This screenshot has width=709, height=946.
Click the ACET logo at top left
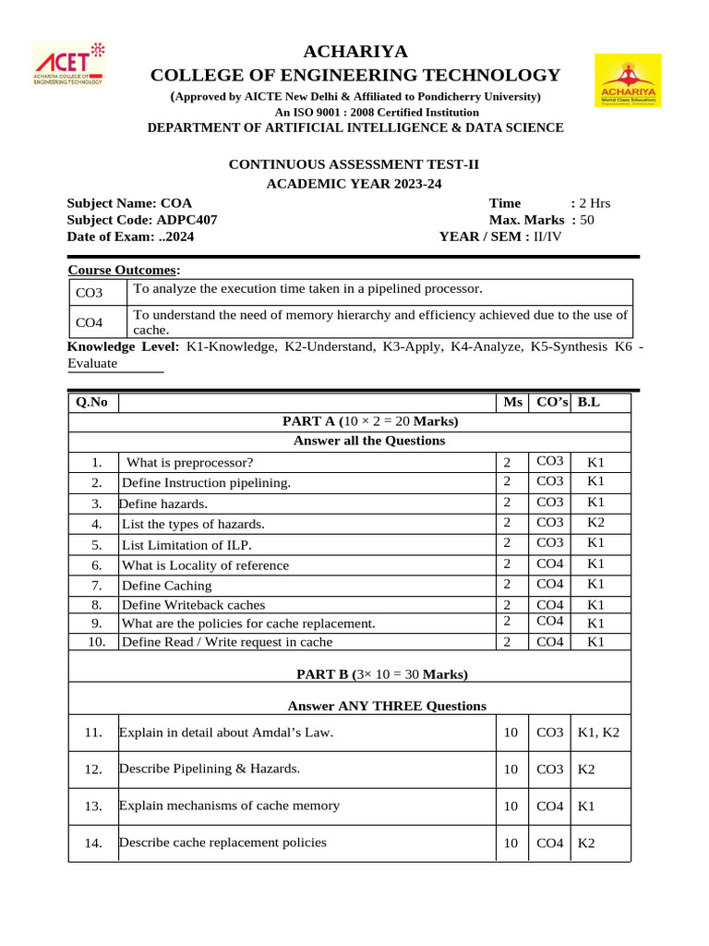pyautogui.click(x=70, y=65)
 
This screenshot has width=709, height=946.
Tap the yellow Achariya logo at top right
pyautogui.click(x=627, y=80)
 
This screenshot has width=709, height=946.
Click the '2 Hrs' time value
pyautogui.click(x=595, y=203)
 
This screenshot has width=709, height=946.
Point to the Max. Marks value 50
pyautogui.click(x=587, y=220)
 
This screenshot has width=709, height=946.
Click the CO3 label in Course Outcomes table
pyautogui.click(x=90, y=293)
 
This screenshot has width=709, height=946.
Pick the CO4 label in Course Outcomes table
pyautogui.click(x=90, y=322)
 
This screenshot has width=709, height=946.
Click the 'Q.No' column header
pyautogui.click(x=91, y=403)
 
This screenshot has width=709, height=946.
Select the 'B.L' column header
pyautogui.click(x=589, y=403)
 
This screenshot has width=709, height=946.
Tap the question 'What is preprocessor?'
pyautogui.click(x=189, y=463)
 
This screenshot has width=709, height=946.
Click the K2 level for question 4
pyautogui.click(x=595, y=523)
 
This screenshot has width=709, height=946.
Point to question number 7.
pyautogui.click(x=97, y=586)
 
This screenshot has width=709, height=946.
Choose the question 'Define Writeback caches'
pyautogui.click(x=193, y=605)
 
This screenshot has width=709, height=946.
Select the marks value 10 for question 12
pyautogui.click(x=511, y=770)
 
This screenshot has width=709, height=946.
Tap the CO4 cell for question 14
pyautogui.click(x=549, y=843)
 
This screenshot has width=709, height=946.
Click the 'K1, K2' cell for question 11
pyautogui.click(x=598, y=734)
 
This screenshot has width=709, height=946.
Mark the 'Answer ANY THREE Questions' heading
pyautogui.click(x=387, y=706)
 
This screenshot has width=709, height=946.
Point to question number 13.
pyautogui.click(x=92, y=807)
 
